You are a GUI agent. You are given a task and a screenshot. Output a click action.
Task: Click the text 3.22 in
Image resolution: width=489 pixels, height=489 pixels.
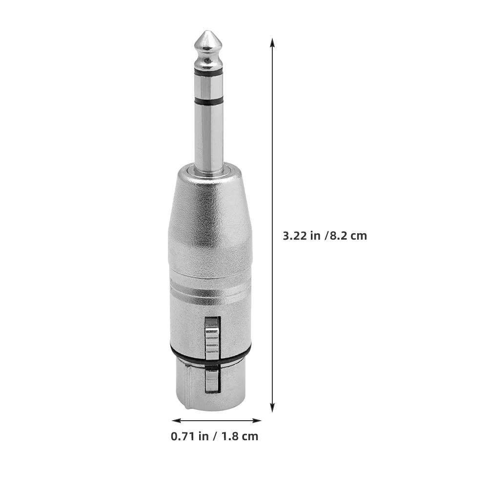click(302, 236)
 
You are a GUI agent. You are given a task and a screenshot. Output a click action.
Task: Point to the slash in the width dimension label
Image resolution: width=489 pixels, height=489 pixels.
click(215, 436)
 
